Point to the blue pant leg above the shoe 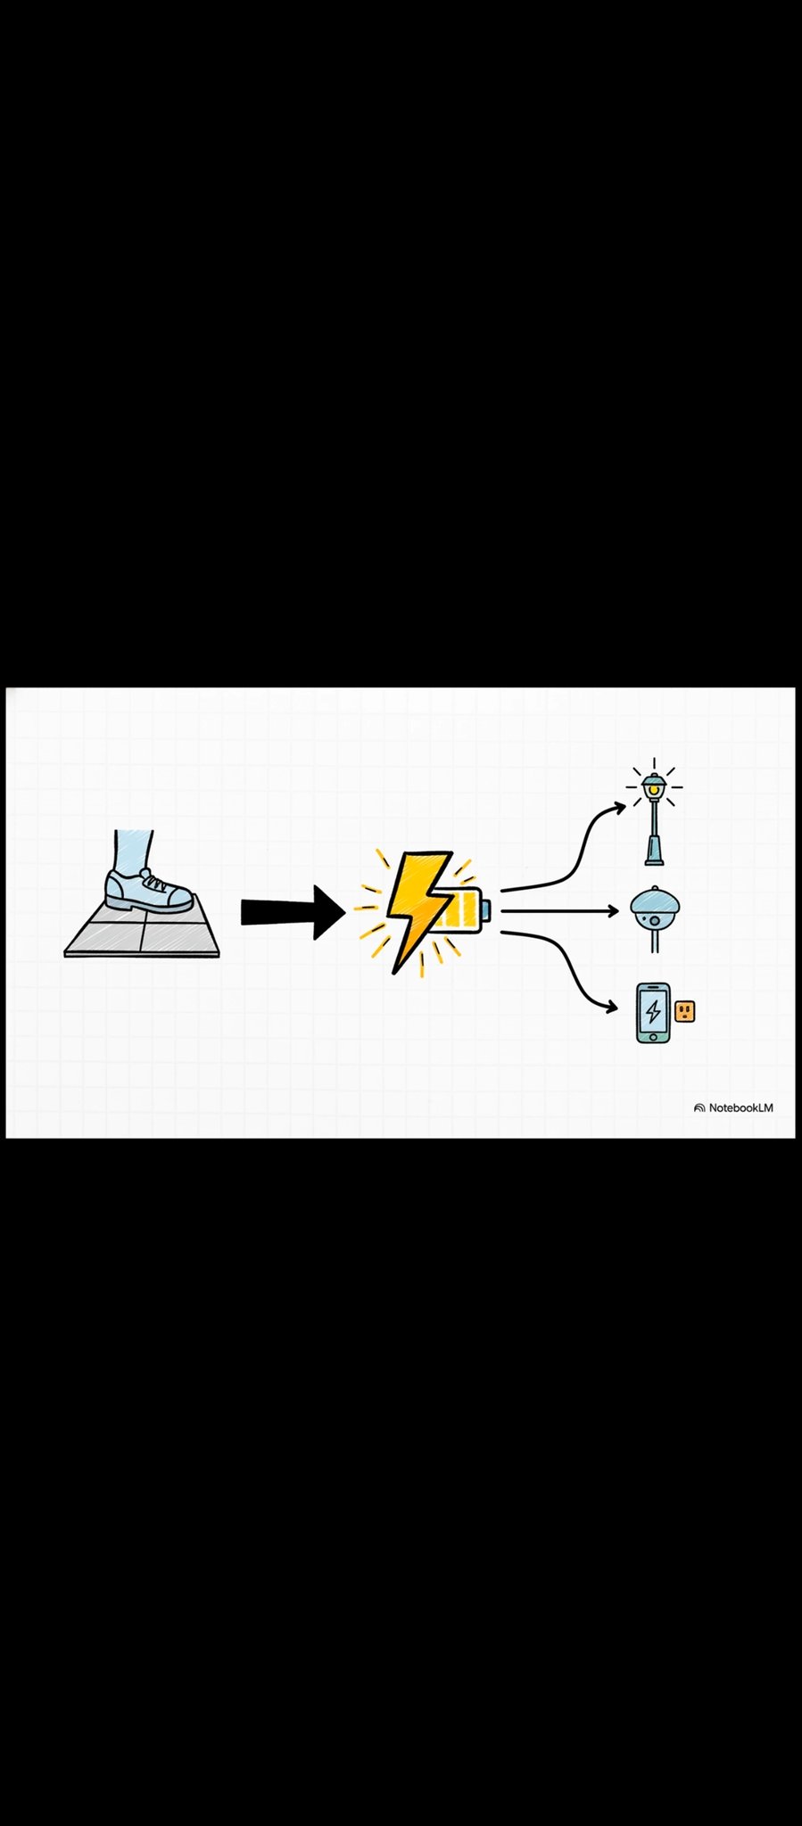pyautogui.click(x=133, y=850)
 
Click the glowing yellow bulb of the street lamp pyautogui.click(x=655, y=790)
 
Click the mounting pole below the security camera pyautogui.click(x=656, y=940)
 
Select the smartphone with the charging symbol pyautogui.click(x=653, y=1012)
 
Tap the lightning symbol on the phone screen pyautogui.click(x=654, y=1011)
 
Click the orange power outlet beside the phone pyautogui.click(x=685, y=1010)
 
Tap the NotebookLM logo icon pyautogui.click(x=699, y=1107)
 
